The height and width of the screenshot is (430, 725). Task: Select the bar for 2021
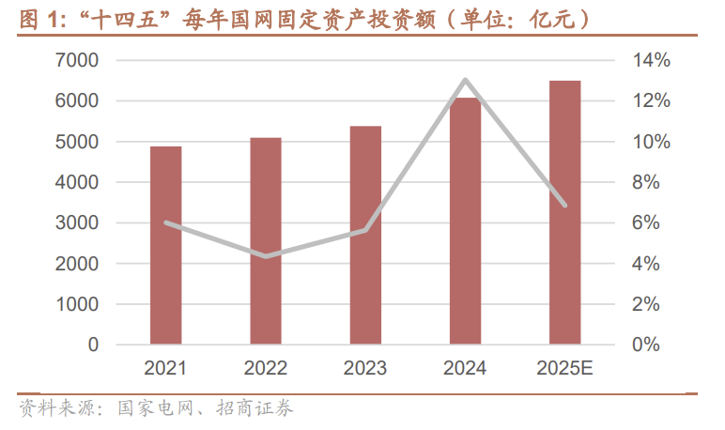(165, 246)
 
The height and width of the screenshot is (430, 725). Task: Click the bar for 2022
(266, 241)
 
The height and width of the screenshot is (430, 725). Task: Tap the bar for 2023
(365, 236)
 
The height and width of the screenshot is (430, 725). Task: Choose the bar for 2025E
(564, 213)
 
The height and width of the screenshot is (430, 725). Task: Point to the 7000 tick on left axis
(80, 60)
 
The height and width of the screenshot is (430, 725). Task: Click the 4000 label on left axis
(80, 182)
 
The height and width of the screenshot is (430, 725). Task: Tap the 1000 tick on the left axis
(80, 304)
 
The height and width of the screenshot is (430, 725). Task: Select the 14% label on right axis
(650, 60)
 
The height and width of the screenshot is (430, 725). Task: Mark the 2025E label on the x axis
(564, 368)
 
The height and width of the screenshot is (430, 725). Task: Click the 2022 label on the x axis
(266, 368)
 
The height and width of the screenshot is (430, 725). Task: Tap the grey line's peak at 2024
(466, 80)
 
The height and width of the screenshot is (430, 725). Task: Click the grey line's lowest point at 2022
(267, 256)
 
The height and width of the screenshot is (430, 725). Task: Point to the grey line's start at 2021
(166, 223)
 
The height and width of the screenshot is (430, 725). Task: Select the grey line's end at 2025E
(565, 205)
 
